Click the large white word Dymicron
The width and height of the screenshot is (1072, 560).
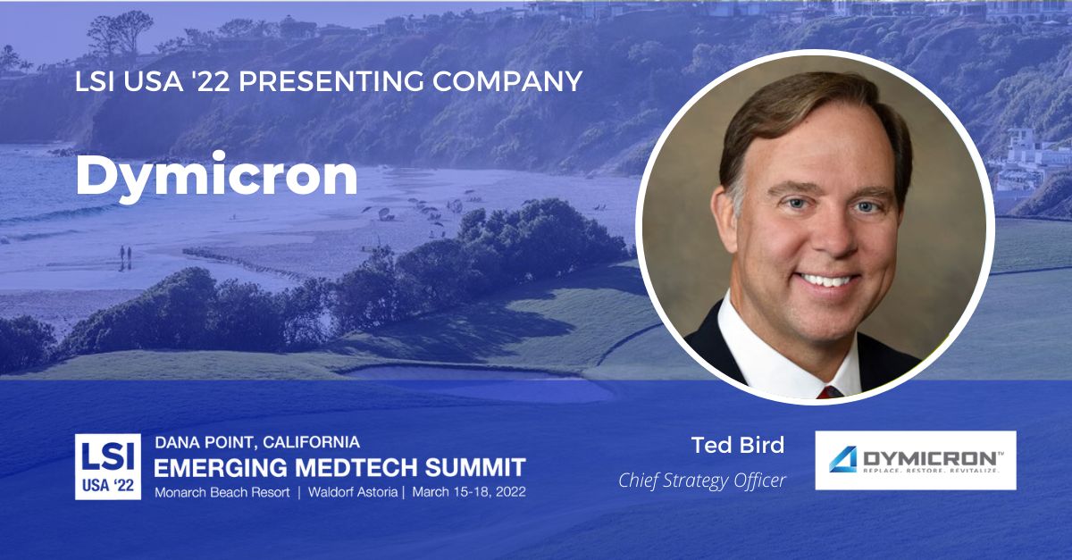point(216,176)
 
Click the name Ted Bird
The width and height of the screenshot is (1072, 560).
point(738,445)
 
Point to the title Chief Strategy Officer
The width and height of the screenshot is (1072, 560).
point(702,481)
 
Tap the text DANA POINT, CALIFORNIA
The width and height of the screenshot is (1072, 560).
point(257,442)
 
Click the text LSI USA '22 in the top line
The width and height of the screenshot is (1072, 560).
point(148,82)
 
